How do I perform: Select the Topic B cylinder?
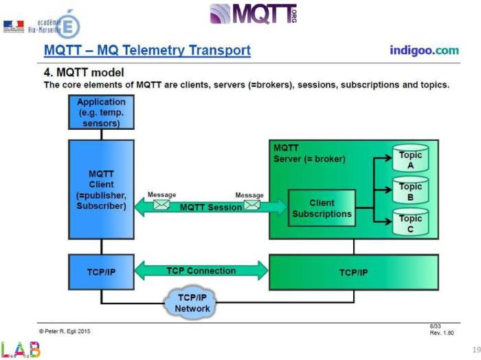pos(410,192)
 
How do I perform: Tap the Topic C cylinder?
pos(410,224)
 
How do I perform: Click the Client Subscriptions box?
pos(322,208)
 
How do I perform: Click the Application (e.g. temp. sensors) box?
pos(101,113)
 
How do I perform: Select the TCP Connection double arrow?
pos(201,271)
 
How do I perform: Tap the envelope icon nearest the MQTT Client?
pos(161,204)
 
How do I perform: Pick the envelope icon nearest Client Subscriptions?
pos(251,204)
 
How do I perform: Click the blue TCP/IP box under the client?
pos(101,272)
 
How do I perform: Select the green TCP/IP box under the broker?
pos(353,272)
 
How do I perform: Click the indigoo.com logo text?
pos(424,50)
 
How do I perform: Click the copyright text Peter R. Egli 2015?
pos(66,330)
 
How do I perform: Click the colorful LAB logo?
pos(21,350)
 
